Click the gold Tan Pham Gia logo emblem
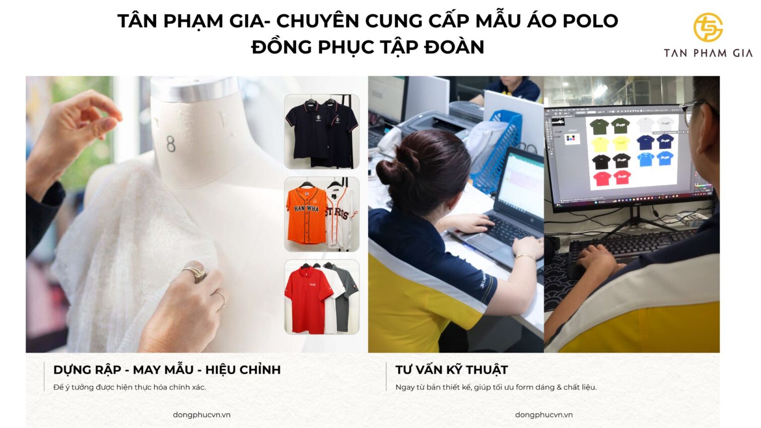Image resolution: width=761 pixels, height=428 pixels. coord(708,27)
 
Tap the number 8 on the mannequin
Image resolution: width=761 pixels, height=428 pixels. coord(171,145)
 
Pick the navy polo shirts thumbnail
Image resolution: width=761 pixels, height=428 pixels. coord(322,131)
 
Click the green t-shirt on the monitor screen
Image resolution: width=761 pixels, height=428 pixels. coord(599,126)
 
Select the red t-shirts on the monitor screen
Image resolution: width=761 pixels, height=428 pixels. coord(612,178)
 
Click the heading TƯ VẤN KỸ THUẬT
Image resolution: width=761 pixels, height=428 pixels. coord(451,370)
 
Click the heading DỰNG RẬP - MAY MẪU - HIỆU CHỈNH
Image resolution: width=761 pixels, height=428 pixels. coord(167,370)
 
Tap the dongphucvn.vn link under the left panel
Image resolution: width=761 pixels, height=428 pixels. coord(201,415)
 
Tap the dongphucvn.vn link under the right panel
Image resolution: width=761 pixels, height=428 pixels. coord(543,415)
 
